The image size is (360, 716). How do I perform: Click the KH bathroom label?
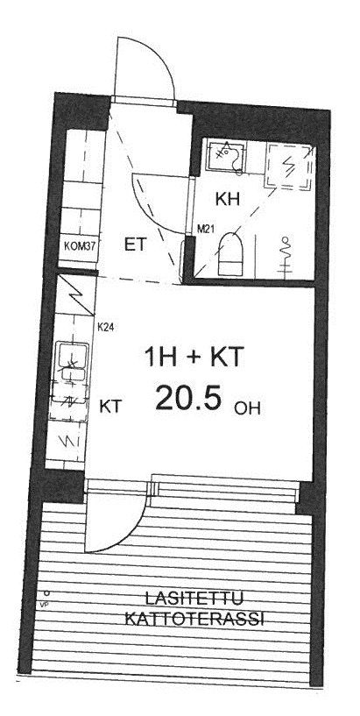coord(227,200)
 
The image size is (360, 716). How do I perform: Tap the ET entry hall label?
coord(135,245)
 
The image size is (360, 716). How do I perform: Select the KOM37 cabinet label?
coord(81,245)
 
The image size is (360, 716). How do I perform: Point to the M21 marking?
coord(206,230)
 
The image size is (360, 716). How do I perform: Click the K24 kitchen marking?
coord(106,327)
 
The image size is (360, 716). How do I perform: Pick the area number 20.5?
coord(188,398)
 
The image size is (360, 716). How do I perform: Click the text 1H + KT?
coord(193,357)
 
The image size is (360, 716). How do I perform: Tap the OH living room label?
coord(247,408)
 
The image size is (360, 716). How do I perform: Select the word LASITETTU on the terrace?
coord(194,598)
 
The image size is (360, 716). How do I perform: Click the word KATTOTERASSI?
coord(194,620)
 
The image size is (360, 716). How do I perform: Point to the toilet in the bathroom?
coord(231,255)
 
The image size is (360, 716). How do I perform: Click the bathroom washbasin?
coord(226,156)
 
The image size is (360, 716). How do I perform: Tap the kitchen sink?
coord(73,361)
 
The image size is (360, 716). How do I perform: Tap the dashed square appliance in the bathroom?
coord(289,166)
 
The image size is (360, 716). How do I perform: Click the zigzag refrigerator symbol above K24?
coord(81,296)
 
